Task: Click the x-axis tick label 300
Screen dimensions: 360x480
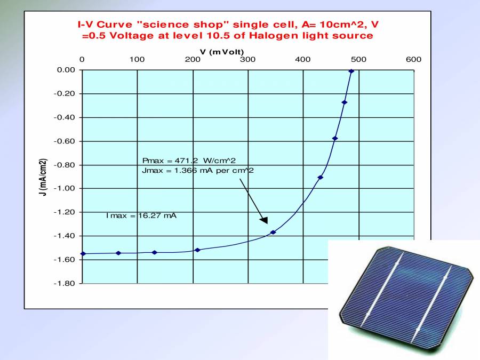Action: pos(247,59)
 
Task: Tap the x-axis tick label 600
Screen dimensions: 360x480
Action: pos(413,59)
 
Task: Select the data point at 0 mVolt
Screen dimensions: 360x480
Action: pos(83,253)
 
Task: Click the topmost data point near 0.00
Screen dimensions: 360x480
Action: pos(351,71)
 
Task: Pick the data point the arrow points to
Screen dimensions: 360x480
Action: pos(273,232)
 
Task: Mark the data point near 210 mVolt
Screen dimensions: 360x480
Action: pos(197,250)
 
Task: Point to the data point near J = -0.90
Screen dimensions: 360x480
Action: pos(320,177)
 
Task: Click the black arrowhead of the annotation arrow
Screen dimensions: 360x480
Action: pos(263,220)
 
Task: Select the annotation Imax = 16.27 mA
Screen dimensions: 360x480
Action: pos(141,216)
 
